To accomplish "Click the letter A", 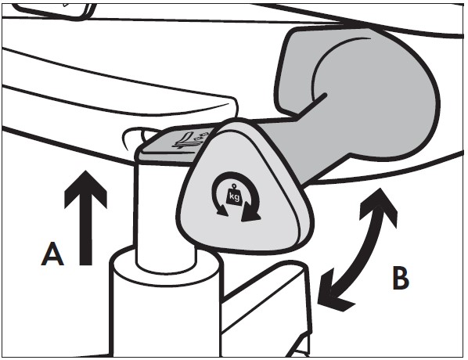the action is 52,254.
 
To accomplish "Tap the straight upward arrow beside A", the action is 85,218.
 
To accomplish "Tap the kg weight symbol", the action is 234,195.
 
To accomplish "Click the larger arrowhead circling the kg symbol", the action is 250,213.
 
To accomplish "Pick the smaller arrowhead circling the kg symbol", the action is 221,210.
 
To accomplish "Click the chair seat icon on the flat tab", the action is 185,140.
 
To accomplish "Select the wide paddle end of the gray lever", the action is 358,89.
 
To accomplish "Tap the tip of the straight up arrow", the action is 86,171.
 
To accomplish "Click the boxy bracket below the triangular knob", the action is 265,308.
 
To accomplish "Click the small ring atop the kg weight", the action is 233,185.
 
